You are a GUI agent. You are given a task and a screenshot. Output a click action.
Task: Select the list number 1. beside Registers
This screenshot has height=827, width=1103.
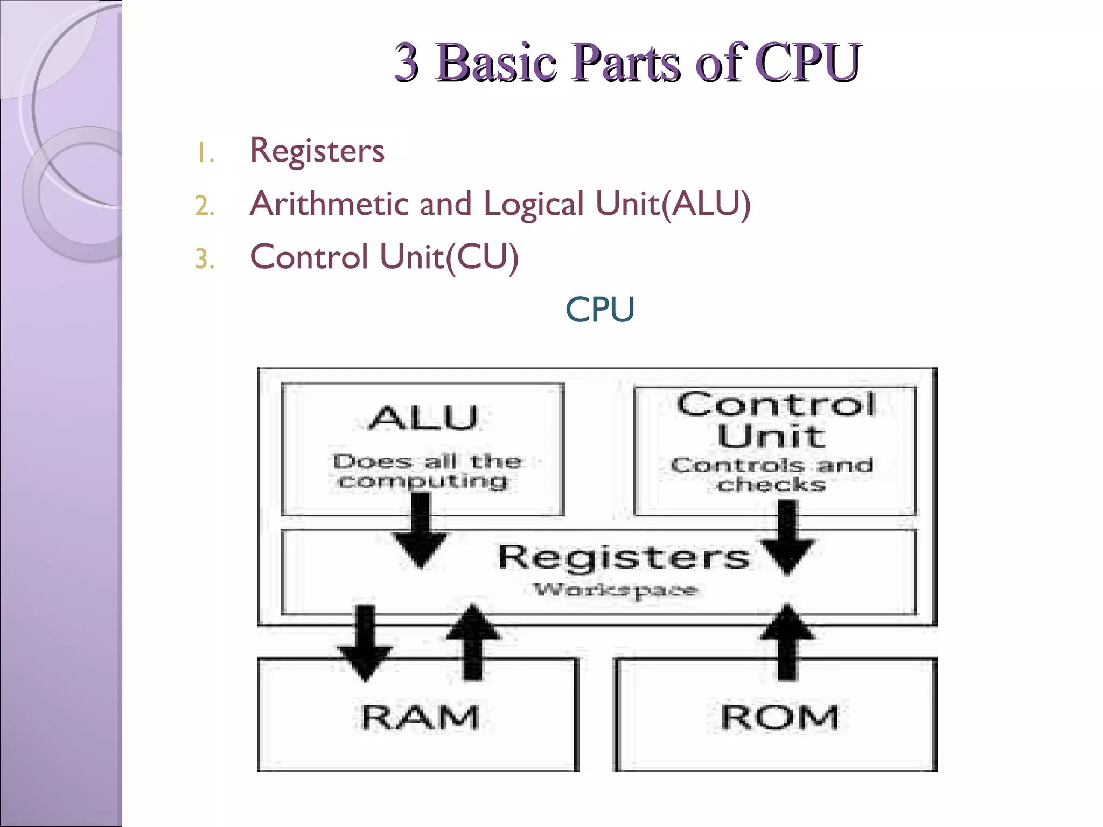click(x=205, y=153)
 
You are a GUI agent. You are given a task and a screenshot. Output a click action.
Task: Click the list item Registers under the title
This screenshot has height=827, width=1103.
click(x=317, y=150)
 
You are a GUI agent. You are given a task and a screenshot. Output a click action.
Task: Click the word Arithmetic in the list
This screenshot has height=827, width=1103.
click(x=330, y=204)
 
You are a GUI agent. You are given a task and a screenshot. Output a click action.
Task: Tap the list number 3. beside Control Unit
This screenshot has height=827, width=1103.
click(x=205, y=259)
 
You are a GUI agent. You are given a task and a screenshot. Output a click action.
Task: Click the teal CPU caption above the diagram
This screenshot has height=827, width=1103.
click(x=599, y=310)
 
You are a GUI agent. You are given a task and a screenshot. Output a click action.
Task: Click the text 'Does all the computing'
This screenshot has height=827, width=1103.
click(x=425, y=471)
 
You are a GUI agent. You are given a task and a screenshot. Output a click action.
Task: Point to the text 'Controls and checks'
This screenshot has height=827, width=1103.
click(x=772, y=474)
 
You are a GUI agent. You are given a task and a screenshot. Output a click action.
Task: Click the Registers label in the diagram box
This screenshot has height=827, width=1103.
click(x=623, y=557)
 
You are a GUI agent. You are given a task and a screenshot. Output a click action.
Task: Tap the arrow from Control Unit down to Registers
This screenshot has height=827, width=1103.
click(x=787, y=538)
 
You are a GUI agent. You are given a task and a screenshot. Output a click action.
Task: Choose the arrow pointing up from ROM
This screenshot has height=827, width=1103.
click(x=787, y=643)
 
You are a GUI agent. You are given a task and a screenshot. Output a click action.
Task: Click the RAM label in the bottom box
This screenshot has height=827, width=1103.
click(x=420, y=718)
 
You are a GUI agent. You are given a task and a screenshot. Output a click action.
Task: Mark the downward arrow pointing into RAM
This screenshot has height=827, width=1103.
click(x=365, y=643)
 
